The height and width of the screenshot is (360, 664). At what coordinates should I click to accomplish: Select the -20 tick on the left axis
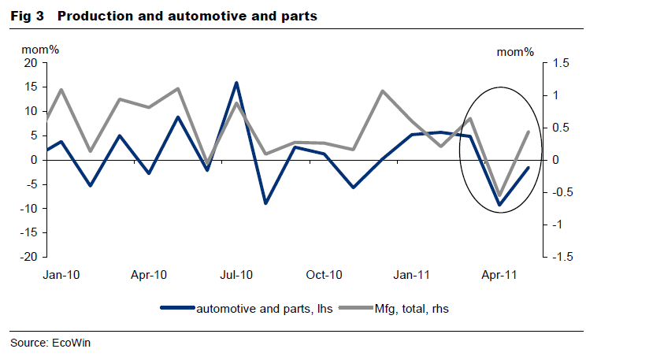28,257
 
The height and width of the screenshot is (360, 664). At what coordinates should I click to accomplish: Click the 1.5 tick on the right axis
562,63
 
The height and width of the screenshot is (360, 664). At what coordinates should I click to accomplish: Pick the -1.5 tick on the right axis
561,257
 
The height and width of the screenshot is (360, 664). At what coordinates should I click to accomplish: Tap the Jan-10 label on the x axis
60,275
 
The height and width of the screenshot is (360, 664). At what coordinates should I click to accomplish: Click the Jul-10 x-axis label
236,275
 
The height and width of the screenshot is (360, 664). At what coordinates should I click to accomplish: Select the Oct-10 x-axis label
324,275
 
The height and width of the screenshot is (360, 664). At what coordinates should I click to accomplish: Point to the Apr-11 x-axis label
499,275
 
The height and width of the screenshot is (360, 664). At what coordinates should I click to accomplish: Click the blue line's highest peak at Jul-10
236,83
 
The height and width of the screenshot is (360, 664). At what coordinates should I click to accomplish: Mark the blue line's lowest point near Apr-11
499,205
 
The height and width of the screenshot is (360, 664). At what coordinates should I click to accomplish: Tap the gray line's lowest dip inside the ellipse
499,195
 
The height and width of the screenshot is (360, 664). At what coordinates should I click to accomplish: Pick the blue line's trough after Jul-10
265,203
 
